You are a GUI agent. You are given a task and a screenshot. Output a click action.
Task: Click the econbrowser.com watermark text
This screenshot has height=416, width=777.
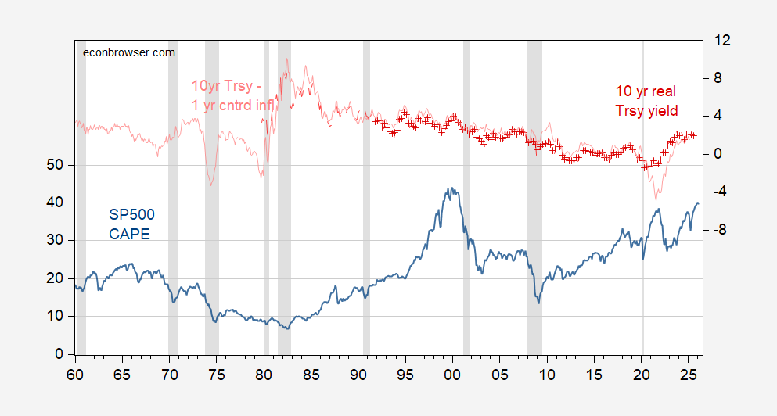click(129, 52)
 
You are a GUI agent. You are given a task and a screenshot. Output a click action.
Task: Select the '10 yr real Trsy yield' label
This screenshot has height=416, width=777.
click(646, 101)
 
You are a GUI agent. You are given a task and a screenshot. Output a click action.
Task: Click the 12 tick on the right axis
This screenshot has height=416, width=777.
click(720, 41)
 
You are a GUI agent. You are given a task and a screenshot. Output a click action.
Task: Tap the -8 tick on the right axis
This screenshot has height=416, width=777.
click(720, 230)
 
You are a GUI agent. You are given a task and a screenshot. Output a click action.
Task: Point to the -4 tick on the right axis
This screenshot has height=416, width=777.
click(720, 192)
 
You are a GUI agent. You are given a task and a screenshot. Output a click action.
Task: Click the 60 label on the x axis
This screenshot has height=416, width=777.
click(75, 373)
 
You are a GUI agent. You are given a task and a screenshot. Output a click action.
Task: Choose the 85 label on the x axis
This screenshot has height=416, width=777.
click(311, 373)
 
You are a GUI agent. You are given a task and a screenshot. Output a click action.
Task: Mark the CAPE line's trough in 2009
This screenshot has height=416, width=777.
click(538, 303)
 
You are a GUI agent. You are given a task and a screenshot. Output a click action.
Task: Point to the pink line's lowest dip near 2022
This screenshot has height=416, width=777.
click(656, 200)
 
